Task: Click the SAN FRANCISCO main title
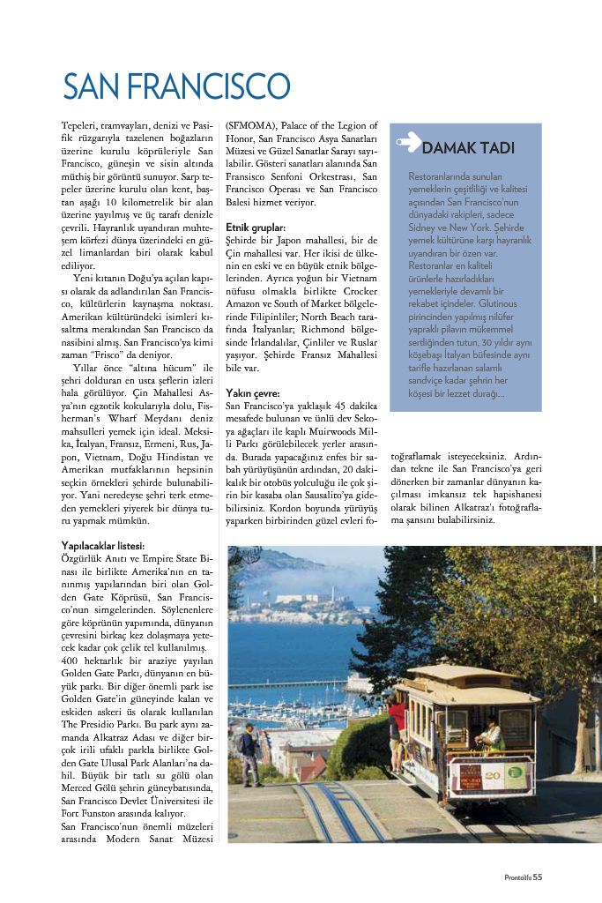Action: pyautogui.click(x=176, y=87)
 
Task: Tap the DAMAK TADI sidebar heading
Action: pyautogui.click(x=468, y=147)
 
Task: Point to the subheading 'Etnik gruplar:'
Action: pyautogui.click(x=256, y=227)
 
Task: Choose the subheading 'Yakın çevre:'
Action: pyautogui.click(x=253, y=392)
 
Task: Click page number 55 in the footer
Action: pyautogui.click(x=538, y=877)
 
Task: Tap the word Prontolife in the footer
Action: pyautogui.click(x=517, y=877)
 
